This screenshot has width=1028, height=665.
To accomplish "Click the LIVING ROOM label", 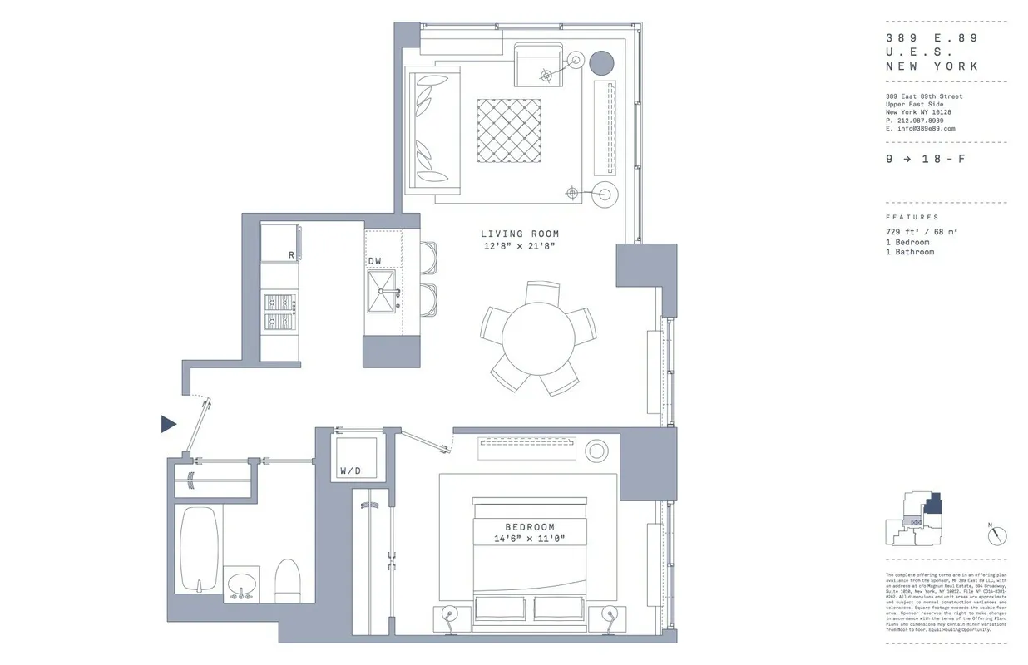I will pyautogui.click(x=520, y=234).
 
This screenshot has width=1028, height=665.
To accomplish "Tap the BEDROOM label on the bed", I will pyautogui.click(x=529, y=527).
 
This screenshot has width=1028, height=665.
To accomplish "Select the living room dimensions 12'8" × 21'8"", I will pyautogui.click(x=520, y=246).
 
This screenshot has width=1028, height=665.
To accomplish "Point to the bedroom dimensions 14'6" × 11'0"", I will pyautogui.click(x=529, y=539).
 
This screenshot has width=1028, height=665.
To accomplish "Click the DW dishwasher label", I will pyautogui.click(x=375, y=261).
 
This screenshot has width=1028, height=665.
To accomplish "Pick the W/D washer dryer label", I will pyautogui.click(x=350, y=471).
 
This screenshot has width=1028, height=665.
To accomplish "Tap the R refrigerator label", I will pyautogui.click(x=291, y=255).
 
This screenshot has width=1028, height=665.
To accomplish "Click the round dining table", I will pyautogui.click(x=538, y=336).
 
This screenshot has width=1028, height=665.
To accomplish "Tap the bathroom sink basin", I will pyautogui.click(x=241, y=582).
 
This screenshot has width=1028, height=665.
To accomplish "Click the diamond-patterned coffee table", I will pyautogui.click(x=509, y=131).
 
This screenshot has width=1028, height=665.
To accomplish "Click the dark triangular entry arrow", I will pyautogui.click(x=169, y=425).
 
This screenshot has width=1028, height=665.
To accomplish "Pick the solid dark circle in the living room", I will pyautogui.click(x=601, y=62).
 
